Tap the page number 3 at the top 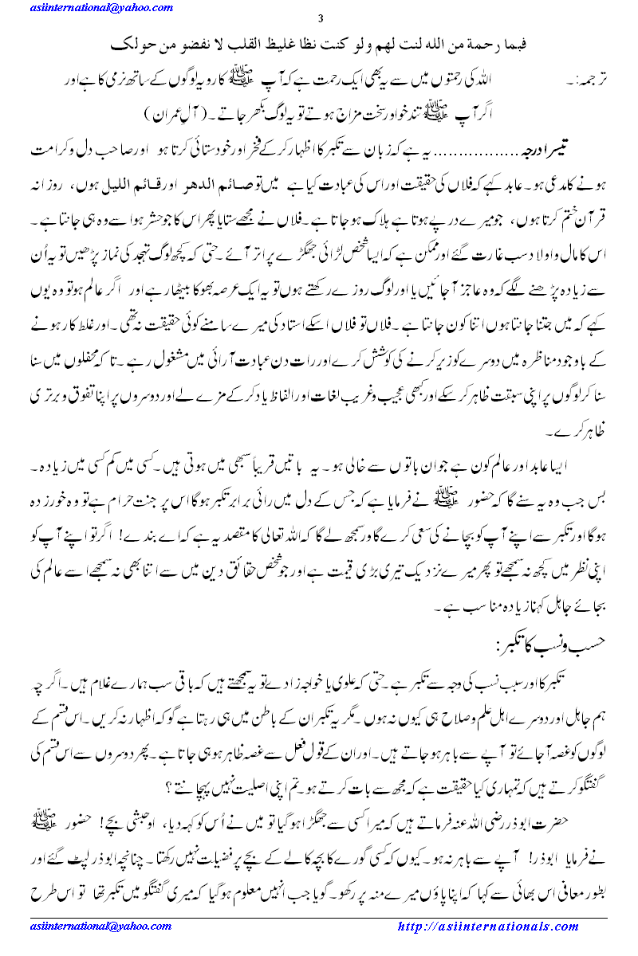(x=321, y=19)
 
